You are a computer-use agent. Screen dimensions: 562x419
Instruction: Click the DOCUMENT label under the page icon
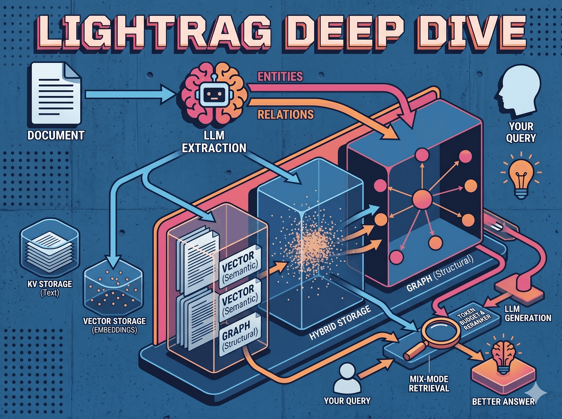(x=56, y=135)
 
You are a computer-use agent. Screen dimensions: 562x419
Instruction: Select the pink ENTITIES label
(x=280, y=76)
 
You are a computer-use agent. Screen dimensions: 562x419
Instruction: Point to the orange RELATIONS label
(x=286, y=115)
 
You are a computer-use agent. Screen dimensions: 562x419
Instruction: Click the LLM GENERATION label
(x=528, y=314)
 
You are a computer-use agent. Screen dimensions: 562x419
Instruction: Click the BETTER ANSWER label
(x=503, y=401)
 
